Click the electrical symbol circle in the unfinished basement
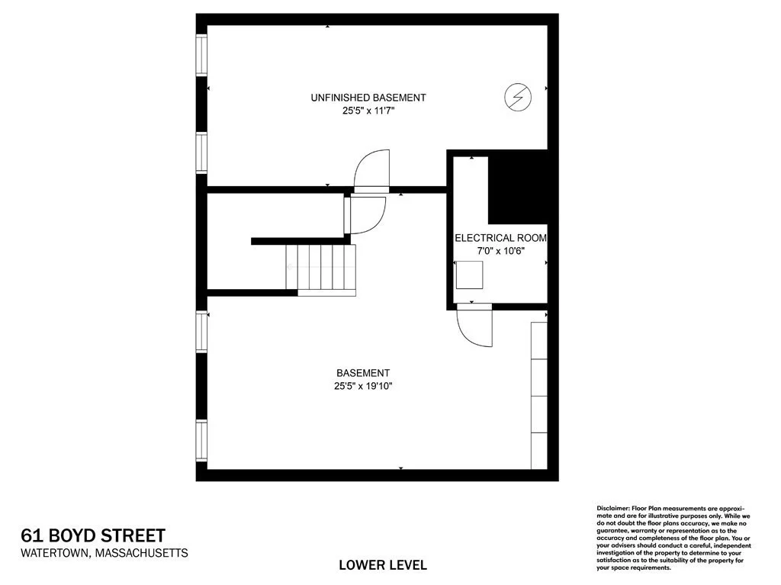518,97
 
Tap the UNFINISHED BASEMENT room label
368,98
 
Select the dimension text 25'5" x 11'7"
368,111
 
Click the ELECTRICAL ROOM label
500,238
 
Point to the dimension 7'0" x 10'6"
500,251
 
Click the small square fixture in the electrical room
469,275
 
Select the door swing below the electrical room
474,328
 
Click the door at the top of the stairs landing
365,215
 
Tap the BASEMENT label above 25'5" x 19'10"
363,373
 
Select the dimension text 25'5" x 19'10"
363,386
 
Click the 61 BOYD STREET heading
93,535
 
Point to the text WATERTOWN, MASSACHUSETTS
104,553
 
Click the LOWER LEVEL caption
383,565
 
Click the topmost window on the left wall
201,55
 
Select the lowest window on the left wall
201,442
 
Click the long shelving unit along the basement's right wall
539,396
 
